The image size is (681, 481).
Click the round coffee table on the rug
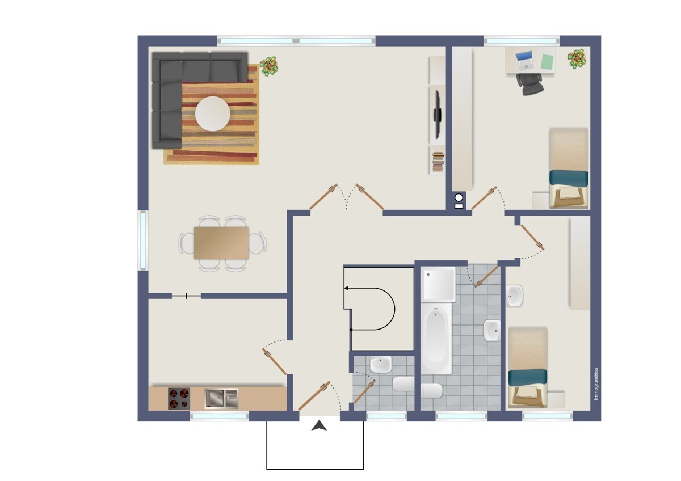tap(212, 113)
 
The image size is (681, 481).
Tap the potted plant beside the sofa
tap(268, 66)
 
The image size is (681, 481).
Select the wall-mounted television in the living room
tap(437, 114)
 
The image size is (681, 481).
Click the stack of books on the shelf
tap(438, 162)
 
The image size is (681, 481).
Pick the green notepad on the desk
tap(548, 62)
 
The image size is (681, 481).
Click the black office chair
tap(529, 84)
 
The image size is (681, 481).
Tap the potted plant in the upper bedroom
tap(577, 58)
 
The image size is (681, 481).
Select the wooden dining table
tap(221, 243)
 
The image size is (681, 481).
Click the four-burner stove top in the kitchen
tap(179, 398)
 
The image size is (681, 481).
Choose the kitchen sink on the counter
tap(221, 398)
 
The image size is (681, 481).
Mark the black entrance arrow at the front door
tap(319, 426)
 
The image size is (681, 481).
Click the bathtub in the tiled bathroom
tap(436, 340)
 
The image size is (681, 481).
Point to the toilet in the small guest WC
tap(403, 384)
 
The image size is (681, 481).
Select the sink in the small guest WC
tap(380, 365)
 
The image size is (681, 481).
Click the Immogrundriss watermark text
tap(596, 384)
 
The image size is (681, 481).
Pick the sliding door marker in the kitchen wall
tap(186, 296)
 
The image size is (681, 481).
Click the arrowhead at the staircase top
tap(346, 288)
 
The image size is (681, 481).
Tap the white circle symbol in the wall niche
tap(459, 198)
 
